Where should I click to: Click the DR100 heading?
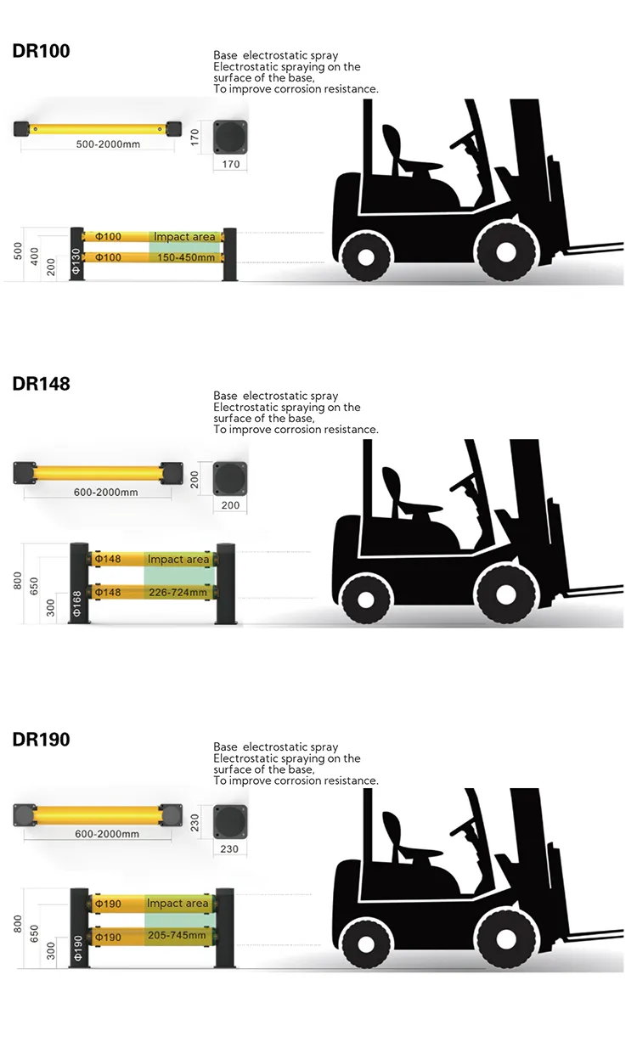click(41, 51)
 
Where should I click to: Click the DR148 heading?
click(41, 383)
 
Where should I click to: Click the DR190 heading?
click(41, 739)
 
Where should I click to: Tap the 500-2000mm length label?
click(108, 144)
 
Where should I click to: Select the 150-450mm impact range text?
click(185, 256)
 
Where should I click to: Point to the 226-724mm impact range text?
click(178, 592)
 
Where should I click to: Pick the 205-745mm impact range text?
click(177, 936)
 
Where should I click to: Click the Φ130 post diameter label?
click(76, 259)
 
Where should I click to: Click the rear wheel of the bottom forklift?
click(365, 938)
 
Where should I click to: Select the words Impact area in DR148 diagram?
click(178, 560)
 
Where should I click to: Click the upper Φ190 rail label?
click(108, 904)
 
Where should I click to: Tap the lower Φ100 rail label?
click(108, 256)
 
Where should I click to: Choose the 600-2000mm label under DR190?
click(107, 834)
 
